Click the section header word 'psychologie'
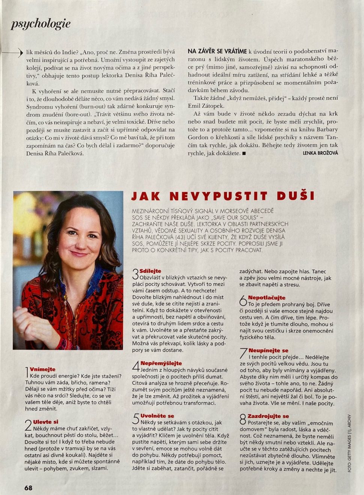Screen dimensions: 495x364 [x=41, y=24]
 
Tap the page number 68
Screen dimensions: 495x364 [x=29, y=488]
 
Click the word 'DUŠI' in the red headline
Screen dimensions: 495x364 [x=296, y=196]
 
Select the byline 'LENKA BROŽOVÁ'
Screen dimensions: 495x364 [x=320, y=153]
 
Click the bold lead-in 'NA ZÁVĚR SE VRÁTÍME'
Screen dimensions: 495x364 [x=217, y=51]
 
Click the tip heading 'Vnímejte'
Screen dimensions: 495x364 [x=42, y=369]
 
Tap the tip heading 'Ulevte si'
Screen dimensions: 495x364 [x=46, y=422]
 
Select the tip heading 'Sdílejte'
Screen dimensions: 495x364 [x=150, y=271]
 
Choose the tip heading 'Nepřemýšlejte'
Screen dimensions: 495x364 [x=161, y=363]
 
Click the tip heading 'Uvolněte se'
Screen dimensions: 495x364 [x=157, y=416]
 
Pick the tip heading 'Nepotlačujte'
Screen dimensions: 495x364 [x=266, y=298]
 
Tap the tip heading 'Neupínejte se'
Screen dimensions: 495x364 [x=268, y=351]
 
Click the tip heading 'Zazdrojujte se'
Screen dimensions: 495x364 [x=269, y=416]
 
